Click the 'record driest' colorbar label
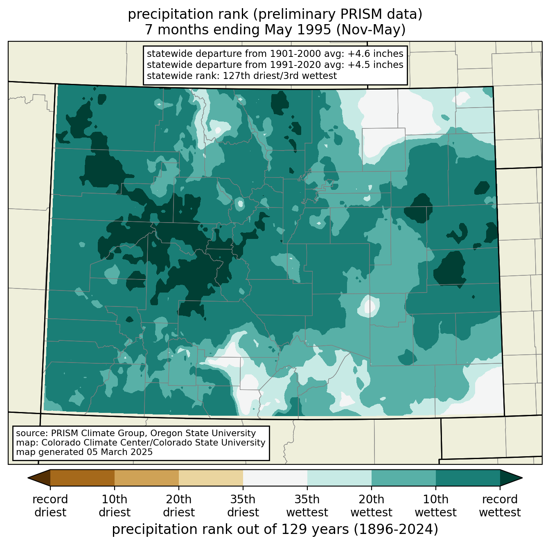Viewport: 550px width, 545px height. click(50, 506)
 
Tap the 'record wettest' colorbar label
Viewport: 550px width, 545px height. click(500, 506)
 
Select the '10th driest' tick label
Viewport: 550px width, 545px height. click(115, 506)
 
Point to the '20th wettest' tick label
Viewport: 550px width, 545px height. click(371, 506)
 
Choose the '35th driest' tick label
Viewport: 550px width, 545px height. click(243, 506)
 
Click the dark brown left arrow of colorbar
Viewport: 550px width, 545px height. click(39, 477)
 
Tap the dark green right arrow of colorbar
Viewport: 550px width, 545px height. click(511, 477)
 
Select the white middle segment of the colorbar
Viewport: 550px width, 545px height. click(275, 477)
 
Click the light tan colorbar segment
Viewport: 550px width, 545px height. click(211, 477)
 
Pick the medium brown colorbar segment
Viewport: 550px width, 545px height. click(147, 477)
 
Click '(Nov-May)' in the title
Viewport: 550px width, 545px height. click(371, 30)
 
